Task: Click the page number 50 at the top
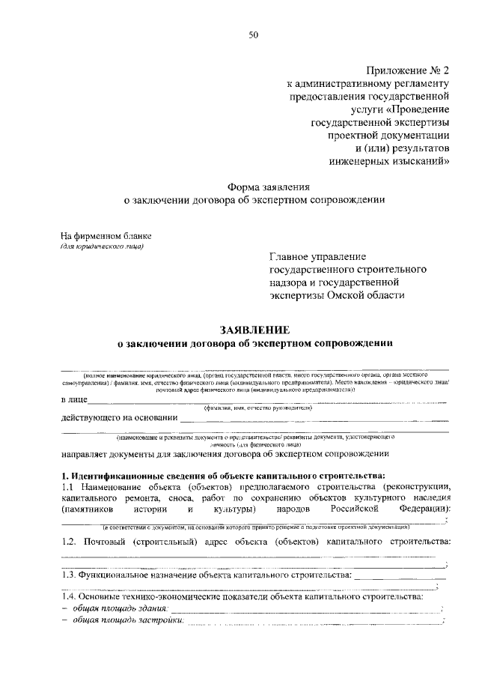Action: (x=253, y=35)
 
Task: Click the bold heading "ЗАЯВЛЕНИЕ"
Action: (x=253, y=330)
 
